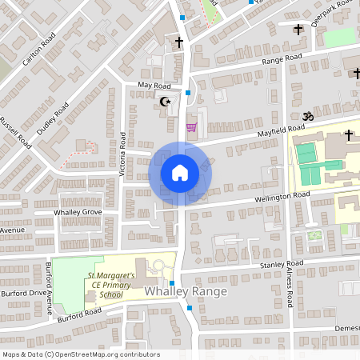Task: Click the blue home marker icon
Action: tap(179, 173)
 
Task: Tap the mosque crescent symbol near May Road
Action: tap(166, 102)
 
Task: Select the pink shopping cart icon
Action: tap(191, 127)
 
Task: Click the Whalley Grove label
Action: tap(78, 212)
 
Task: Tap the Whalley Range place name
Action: tap(186, 291)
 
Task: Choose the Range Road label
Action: tap(282, 61)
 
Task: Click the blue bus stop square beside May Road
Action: tap(187, 93)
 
